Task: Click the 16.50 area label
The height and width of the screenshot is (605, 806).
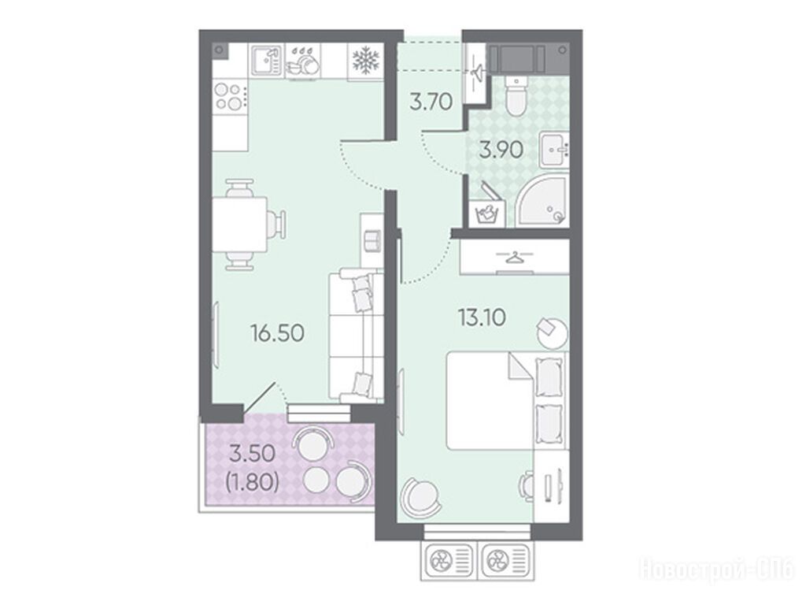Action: point(278,333)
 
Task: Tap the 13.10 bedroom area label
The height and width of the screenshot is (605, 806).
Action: point(482,317)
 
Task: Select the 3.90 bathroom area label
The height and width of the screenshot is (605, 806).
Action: point(501,150)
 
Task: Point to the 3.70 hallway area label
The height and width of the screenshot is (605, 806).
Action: point(431,102)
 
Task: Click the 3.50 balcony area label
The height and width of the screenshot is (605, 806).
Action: point(252,455)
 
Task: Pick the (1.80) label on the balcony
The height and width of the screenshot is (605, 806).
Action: point(253,482)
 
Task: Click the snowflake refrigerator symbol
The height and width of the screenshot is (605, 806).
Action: point(365,60)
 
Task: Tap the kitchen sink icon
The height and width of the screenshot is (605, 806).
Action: point(266,60)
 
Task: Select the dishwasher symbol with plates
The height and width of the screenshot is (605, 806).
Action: point(303,61)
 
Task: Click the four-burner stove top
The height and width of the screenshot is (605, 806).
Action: point(229,96)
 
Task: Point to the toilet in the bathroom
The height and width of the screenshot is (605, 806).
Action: point(515,95)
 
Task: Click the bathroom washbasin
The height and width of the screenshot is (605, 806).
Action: point(554,149)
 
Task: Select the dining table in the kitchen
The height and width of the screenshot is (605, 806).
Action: point(239,225)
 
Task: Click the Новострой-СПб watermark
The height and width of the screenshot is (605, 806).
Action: point(716,570)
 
